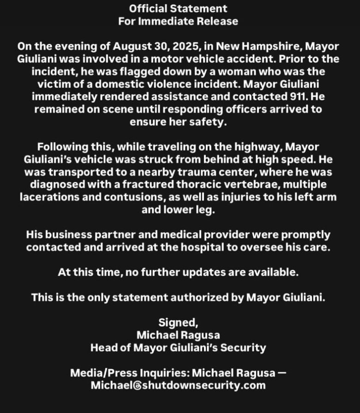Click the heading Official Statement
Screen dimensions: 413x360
(178, 8)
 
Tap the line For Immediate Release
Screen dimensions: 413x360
(178, 21)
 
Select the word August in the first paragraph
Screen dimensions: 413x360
(129, 47)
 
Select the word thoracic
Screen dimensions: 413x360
(212, 185)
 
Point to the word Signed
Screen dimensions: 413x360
(178, 322)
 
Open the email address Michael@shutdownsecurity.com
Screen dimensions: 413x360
(178, 385)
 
